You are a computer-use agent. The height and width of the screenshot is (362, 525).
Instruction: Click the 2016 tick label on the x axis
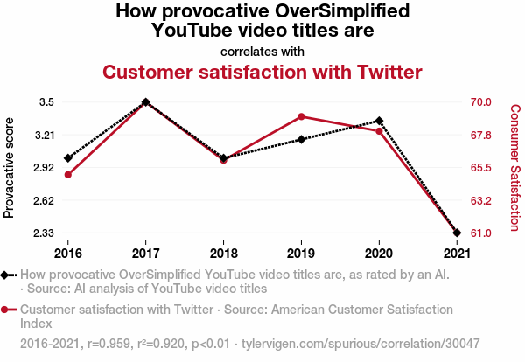coord(67,254)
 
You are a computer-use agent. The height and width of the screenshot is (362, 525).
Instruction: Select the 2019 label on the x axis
coord(301,254)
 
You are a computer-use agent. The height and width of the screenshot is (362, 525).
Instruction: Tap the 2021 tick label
coord(457,254)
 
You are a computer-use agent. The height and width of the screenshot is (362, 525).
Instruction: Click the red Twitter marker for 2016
coord(67,175)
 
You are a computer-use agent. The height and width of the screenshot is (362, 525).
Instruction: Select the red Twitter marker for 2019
coord(301,116)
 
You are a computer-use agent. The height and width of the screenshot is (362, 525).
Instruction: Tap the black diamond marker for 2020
coord(379,121)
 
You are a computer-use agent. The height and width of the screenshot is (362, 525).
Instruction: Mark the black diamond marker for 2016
coord(67,158)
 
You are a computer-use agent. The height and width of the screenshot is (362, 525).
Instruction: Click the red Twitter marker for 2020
coord(379,131)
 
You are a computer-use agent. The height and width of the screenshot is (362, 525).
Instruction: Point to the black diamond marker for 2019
coord(301,139)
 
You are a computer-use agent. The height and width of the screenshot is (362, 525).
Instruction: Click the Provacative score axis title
coord(10,167)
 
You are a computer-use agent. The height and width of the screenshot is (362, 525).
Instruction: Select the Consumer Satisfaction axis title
coord(514,167)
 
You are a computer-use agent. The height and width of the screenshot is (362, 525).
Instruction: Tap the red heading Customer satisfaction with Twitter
coord(262,72)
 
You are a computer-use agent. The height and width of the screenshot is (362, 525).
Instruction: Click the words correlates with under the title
coord(262,52)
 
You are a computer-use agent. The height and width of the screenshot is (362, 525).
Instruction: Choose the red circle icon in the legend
coord(6,310)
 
